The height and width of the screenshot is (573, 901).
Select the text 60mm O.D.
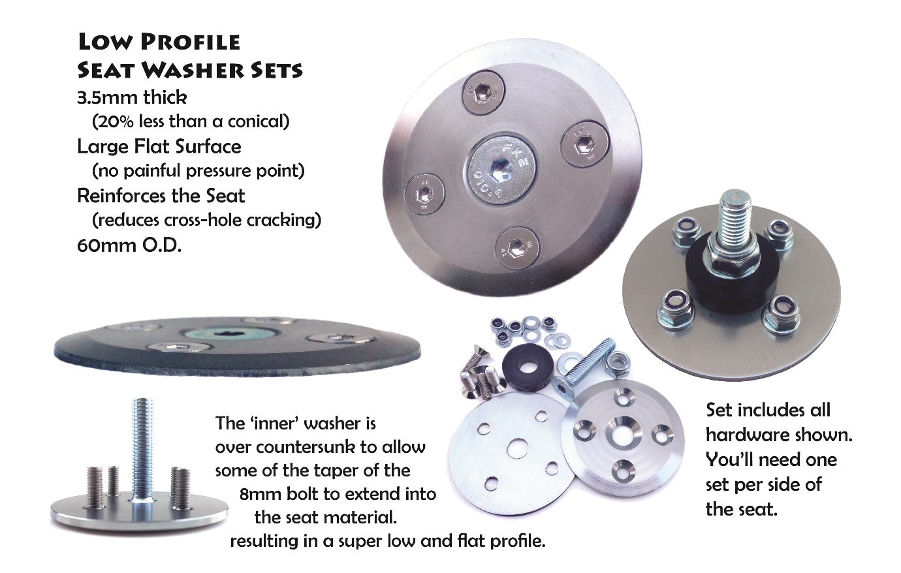tap(129, 245)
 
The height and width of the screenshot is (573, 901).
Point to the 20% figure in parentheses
tap(117, 122)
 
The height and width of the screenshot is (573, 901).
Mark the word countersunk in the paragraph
tap(289, 448)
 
